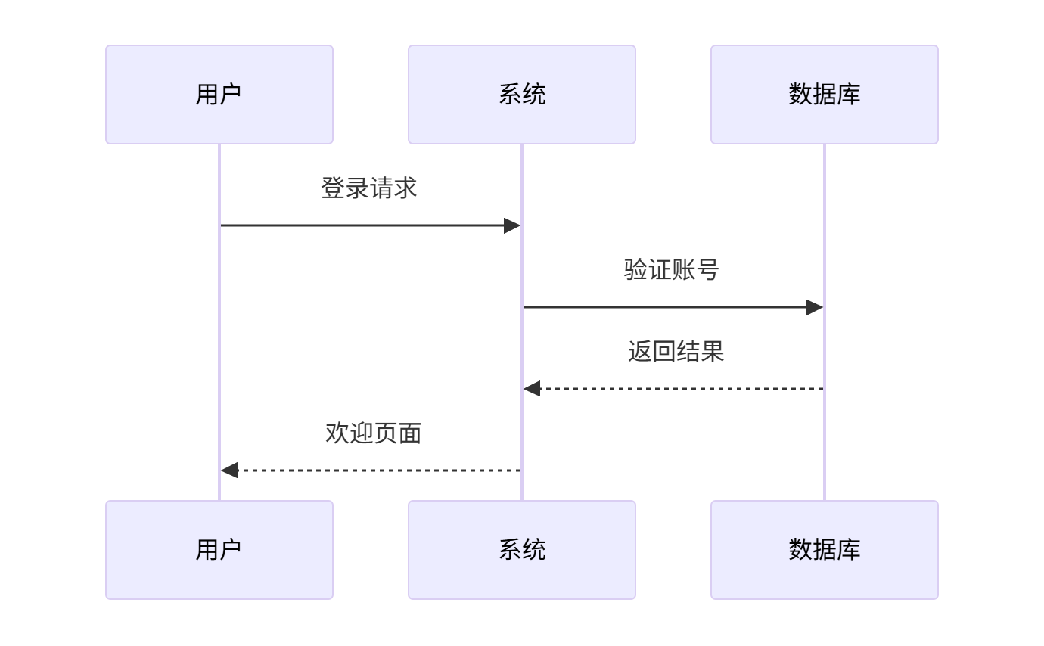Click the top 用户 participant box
point(219,95)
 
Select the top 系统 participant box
point(521,95)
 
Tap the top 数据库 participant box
point(824,95)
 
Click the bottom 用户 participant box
point(219,550)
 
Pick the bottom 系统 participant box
point(521,550)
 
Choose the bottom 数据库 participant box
point(824,550)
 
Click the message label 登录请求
point(369,188)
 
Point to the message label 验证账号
point(672,270)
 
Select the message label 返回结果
point(676,352)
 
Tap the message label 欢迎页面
point(373,433)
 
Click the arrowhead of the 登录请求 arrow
point(512,225)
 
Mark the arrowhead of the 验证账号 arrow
point(815,307)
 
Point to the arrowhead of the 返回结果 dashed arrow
point(532,389)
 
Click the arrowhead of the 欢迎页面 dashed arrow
point(229,471)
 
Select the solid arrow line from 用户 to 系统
point(363,225)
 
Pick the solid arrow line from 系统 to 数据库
point(666,307)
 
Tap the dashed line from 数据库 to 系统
point(681,389)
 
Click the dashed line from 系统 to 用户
point(378,471)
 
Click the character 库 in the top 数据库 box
point(849,95)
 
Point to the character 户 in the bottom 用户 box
point(231,550)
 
